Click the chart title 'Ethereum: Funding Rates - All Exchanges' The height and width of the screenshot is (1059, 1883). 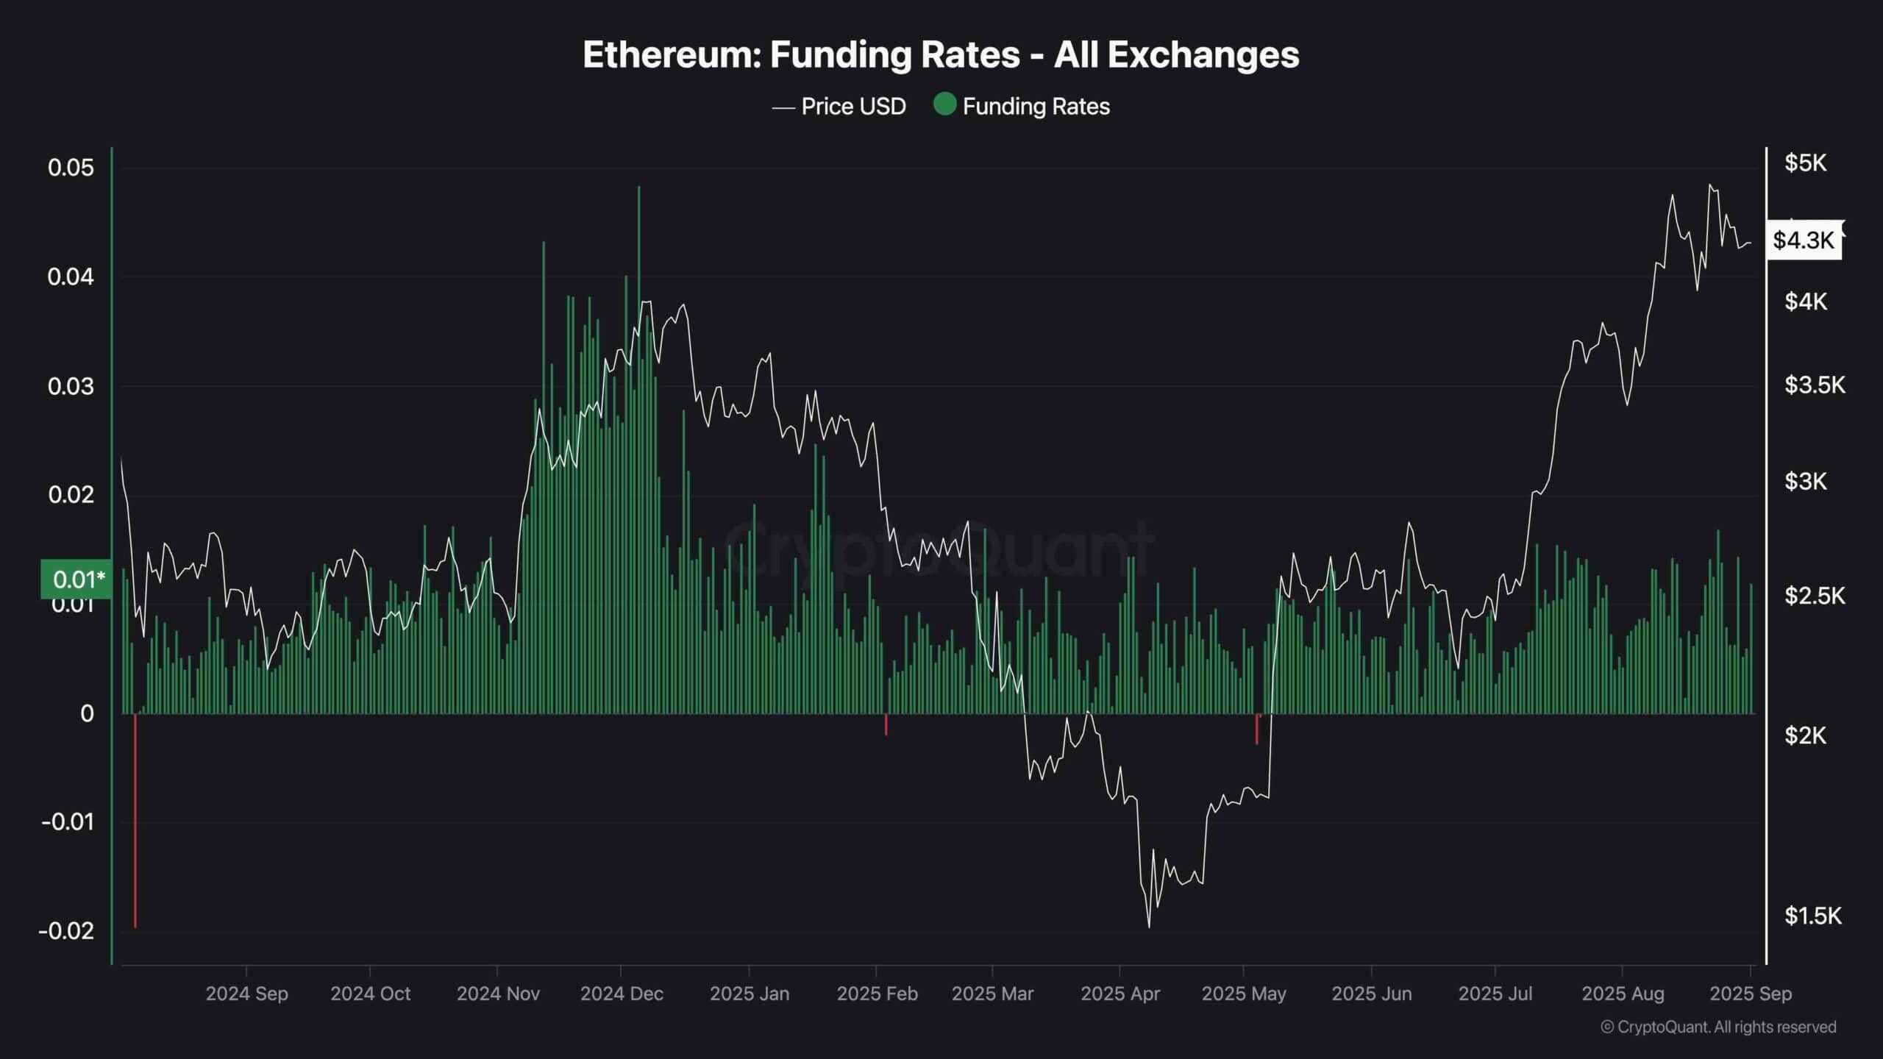(941, 54)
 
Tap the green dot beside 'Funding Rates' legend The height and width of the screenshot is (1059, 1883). (944, 104)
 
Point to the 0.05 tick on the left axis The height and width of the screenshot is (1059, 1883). (71, 168)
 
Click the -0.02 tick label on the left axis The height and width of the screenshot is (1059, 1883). (67, 931)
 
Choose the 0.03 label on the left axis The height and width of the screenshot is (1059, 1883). (71, 386)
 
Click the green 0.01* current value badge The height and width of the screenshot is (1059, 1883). (77, 580)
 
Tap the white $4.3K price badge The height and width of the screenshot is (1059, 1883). (1804, 240)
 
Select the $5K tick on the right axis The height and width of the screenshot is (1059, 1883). (1805, 163)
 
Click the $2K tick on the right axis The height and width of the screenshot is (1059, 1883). (1805, 735)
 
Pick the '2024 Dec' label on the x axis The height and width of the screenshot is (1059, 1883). (622, 994)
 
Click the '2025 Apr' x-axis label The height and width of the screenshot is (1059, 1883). (1120, 994)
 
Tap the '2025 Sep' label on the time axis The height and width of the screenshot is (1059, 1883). (1751, 994)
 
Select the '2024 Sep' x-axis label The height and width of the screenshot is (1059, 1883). (246, 994)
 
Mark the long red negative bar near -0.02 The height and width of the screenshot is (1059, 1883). (135, 820)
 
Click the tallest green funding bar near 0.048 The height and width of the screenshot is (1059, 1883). (638, 294)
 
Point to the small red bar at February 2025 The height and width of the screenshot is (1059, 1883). (886, 724)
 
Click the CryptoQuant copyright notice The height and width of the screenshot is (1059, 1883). (1718, 1027)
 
